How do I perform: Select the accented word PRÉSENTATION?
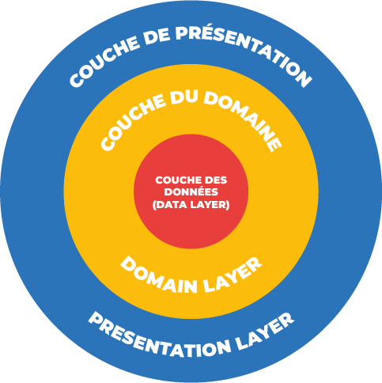pyautogui.click(x=243, y=51)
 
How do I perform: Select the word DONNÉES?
pyautogui.click(x=191, y=191)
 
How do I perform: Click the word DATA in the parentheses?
pyautogui.click(x=172, y=205)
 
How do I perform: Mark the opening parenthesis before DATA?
pyautogui.click(x=154, y=205)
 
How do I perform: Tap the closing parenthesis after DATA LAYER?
pyautogui.click(x=228, y=205)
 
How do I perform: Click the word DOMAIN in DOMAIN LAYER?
pyautogui.click(x=159, y=276)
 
